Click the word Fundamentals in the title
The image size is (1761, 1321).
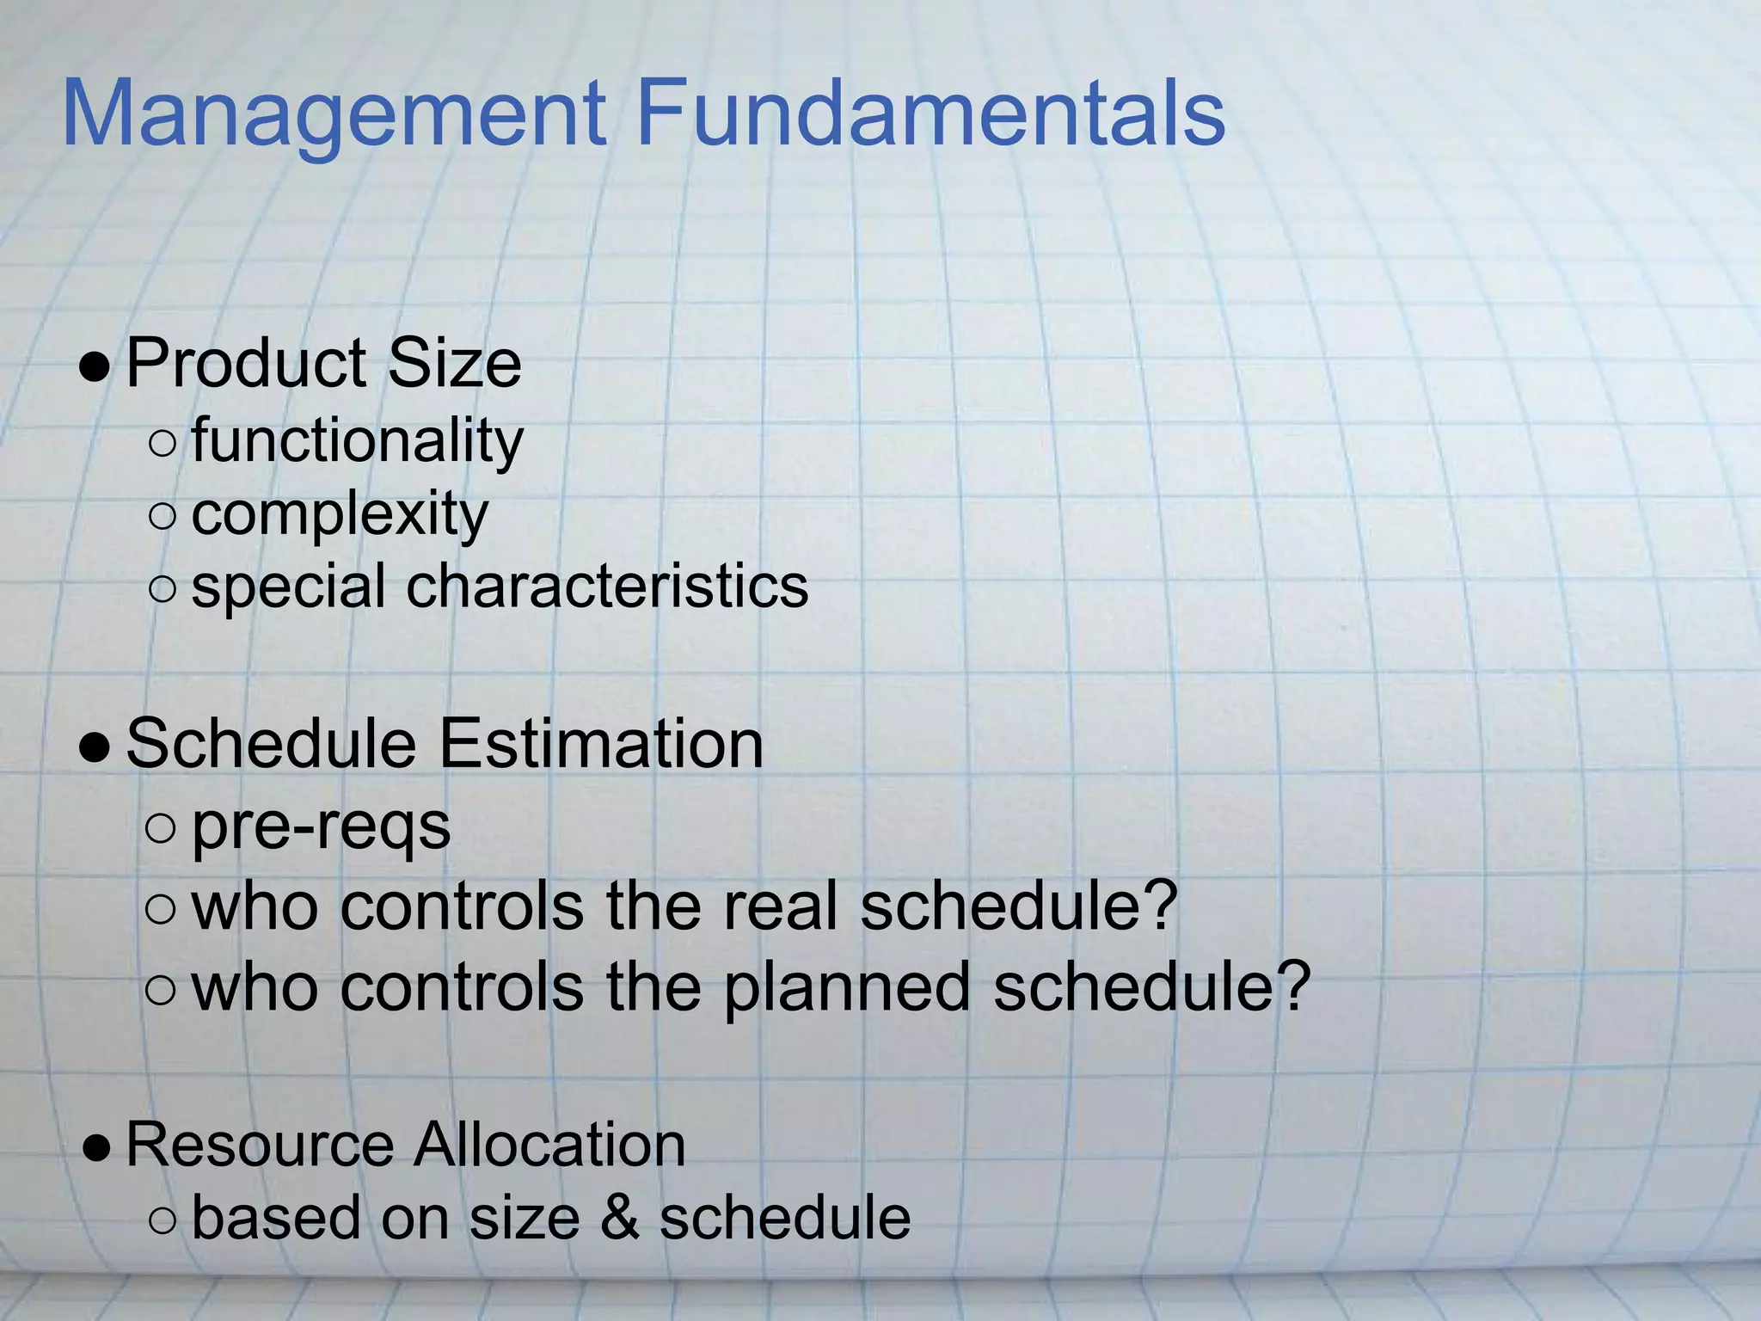point(930,114)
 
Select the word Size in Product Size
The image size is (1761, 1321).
point(454,364)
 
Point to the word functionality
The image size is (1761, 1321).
point(357,441)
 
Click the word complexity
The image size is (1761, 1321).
point(340,515)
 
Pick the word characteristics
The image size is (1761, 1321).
point(607,587)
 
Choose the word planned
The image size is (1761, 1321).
point(847,987)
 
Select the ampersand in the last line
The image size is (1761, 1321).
point(621,1218)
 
